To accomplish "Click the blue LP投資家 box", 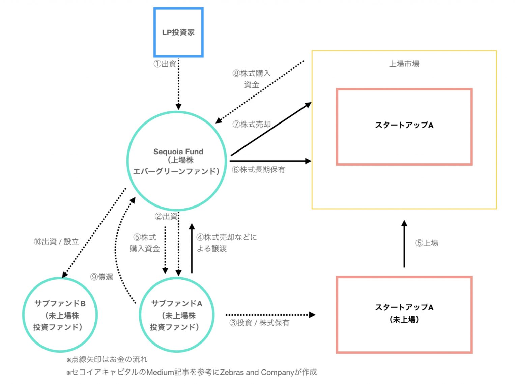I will (178, 32).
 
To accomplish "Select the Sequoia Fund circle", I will (177, 161).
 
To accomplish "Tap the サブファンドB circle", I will (60, 314).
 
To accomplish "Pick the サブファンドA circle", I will (176, 314).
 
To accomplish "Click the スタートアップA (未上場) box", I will (404, 314).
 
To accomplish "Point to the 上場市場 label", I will (404, 64).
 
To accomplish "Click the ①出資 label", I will (165, 64).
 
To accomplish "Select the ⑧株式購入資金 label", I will (252, 79).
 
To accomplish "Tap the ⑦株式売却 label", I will (252, 125).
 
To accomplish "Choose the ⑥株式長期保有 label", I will (259, 170).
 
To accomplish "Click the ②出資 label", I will (166, 217).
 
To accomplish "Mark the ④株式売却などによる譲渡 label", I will (226, 243).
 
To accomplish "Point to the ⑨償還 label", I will (102, 277).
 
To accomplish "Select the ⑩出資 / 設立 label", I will (56, 242).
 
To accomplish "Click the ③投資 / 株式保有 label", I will (259, 323).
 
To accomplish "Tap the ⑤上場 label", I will (427, 243).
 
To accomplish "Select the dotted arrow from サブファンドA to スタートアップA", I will (270, 315).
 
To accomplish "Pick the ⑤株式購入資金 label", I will (145, 243).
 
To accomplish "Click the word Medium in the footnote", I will (160, 372).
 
